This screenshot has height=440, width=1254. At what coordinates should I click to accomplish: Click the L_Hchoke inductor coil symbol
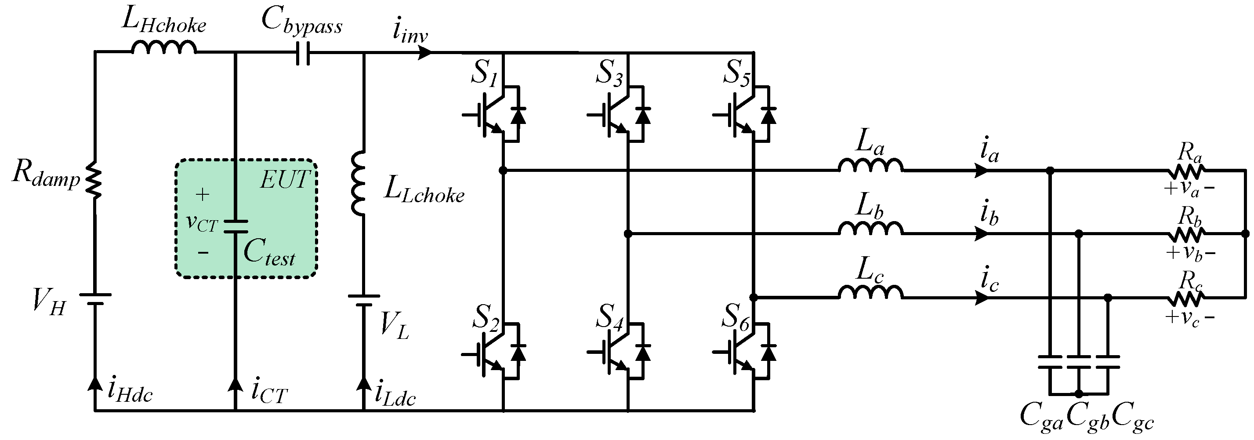pyautogui.click(x=163, y=48)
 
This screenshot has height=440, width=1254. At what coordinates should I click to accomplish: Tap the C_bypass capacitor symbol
pyautogui.click(x=303, y=53)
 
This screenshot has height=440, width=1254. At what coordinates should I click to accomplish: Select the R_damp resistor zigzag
pyautogui.click(x=94, y=180)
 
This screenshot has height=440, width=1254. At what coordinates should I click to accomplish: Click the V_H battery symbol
pyautogui.click(x=95, y=299)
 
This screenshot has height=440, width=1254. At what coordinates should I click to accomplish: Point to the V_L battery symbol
pyautogui.click(x=364, y=300)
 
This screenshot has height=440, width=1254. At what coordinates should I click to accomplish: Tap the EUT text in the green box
pyautogui.click(x=285, y=180)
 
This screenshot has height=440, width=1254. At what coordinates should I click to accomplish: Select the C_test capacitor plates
pyautogui.click(x=236, y=226)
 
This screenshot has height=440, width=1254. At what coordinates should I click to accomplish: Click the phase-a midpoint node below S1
pyautogui.click(x=503, y=171)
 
